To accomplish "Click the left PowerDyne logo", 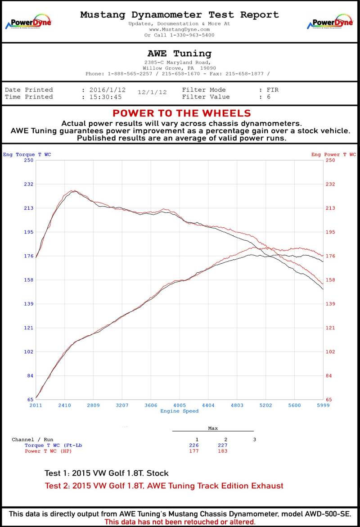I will [28, 22].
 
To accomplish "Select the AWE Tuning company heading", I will [179, 54].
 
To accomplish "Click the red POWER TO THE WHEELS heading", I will [182, 113].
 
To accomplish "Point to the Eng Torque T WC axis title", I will [27, 154].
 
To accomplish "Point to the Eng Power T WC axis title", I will [333, 154].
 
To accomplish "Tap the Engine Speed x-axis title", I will [179, 411].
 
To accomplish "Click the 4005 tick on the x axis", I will [179, 405].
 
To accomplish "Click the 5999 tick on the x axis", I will [323, 405].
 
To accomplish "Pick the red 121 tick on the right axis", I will [330, 328].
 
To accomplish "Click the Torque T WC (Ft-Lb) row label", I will [53, 446].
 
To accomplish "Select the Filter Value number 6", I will [269, 97].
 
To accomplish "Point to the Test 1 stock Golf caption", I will [107, 473].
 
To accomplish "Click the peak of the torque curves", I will [74, 191].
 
